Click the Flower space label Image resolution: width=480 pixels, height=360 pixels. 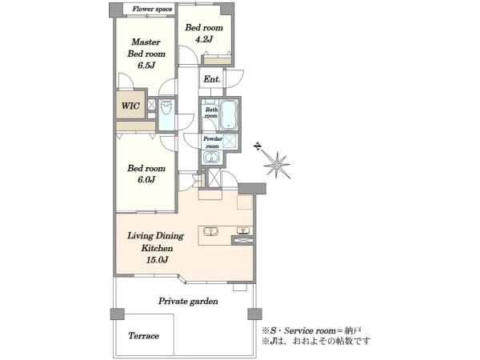point(152,9)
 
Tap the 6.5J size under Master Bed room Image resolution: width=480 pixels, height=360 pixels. point(146,66)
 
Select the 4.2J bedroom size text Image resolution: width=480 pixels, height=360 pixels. point(204,39)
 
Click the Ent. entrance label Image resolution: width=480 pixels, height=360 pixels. point(212,79)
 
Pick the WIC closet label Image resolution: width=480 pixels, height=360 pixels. point(130,106)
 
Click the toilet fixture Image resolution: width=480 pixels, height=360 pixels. point(166,107)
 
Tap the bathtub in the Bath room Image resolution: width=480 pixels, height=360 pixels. point(230,114)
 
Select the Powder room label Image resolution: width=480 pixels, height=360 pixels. point(212,142)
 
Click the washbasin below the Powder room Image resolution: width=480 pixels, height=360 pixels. point(211,158)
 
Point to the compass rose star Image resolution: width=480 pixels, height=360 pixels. point(277,166)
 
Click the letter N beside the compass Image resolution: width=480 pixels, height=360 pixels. point(258,147)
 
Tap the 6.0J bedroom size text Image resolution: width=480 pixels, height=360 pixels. point(146,179)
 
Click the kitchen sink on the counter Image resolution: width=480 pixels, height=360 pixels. point(210,232)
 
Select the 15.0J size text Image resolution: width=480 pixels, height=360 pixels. point(157,260)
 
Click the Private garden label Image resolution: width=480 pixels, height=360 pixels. point(188,302)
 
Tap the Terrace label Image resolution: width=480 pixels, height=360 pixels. point(143,336)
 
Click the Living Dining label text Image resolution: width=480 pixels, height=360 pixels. point(155,236)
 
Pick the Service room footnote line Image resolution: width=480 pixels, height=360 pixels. point(311,330)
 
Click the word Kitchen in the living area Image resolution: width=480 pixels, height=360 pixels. point(157,248)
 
